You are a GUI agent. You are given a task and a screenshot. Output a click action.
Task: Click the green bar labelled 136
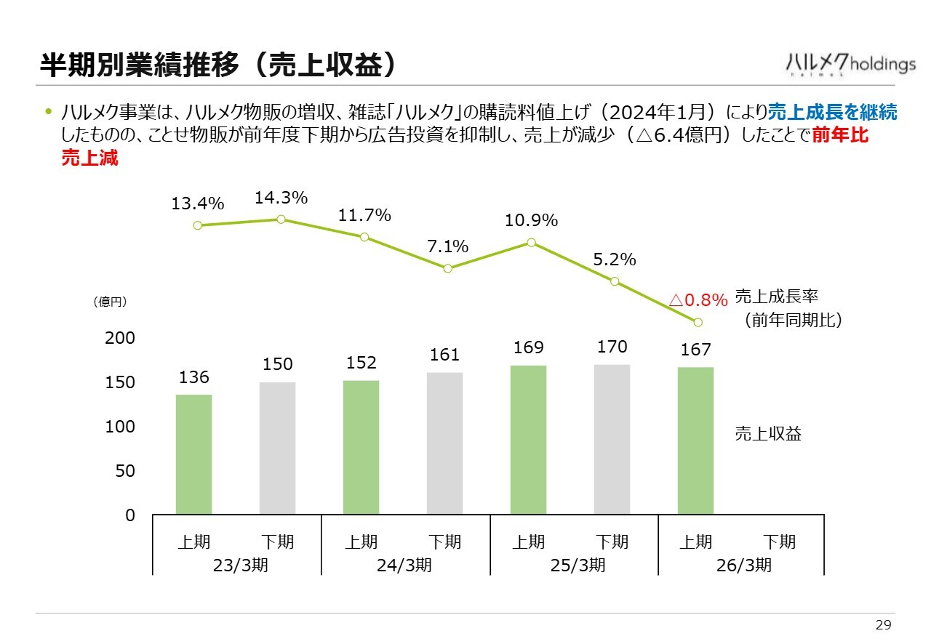click(193, 454)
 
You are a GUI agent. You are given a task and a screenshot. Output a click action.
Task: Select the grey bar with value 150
click(277, 448)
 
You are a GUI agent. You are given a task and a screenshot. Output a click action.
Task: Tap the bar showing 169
click(528, 440)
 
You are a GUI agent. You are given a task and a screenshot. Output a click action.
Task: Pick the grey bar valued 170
click(612, 439)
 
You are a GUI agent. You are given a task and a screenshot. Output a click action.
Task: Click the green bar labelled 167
click(695, 440)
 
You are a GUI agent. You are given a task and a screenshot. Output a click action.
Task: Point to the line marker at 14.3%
click(281, 219)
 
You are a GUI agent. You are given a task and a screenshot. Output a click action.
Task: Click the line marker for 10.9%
click(532, 242)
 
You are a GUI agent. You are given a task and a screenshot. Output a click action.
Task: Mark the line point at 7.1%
click(448, 268)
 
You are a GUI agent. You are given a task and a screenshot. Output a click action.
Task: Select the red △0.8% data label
click(698, 300)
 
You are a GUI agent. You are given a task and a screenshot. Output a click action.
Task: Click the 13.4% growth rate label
click(197, 204)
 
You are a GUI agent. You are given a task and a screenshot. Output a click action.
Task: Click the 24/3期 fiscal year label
click(404, 565)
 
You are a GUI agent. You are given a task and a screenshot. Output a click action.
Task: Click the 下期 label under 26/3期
click(779, 542)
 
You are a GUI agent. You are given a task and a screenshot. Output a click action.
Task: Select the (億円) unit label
click(111, 302)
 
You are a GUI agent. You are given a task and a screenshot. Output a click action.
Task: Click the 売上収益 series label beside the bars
click(768, 434)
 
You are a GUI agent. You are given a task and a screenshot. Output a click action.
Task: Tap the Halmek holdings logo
click(850, 64)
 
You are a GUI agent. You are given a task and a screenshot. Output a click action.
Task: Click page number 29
click(883, 625)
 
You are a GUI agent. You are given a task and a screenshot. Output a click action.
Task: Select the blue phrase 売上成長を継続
click(833, 112)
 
